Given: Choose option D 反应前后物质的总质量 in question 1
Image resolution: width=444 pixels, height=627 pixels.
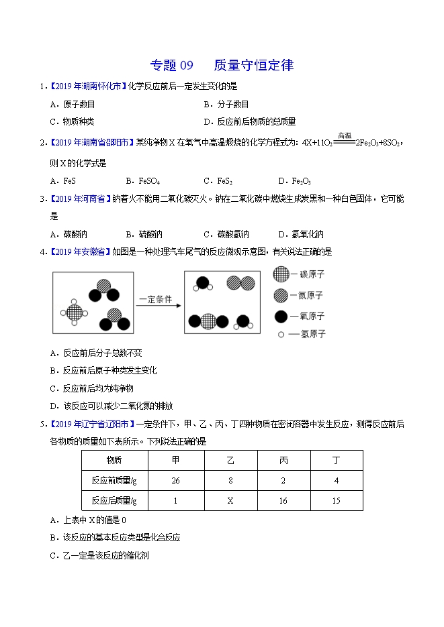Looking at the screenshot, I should [249, 121].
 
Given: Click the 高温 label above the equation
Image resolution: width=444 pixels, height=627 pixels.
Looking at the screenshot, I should [345, 135].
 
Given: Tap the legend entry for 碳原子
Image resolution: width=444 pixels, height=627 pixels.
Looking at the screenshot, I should [299, 274].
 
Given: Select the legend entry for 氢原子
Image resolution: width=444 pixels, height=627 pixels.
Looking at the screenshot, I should [299, 334].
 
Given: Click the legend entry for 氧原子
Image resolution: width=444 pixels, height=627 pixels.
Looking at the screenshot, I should [299, 315].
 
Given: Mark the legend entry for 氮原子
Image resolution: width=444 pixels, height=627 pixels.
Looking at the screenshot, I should [299, 294].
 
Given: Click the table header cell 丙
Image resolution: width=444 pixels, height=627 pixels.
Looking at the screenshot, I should [283, 460].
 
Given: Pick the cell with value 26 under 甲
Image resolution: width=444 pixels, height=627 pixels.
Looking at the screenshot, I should [176, 480].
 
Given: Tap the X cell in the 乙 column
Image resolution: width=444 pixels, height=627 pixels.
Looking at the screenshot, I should [230, 500].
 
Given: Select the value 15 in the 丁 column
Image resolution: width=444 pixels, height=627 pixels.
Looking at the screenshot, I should [337, 500].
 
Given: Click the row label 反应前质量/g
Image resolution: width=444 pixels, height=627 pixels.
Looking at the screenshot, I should [114, 480].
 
